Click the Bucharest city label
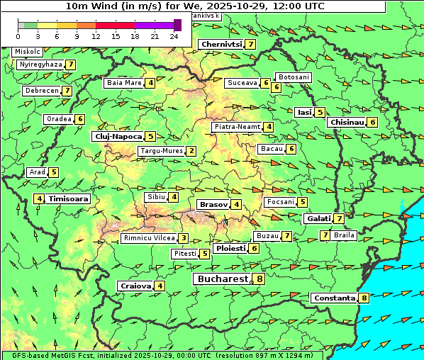222,279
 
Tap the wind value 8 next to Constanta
364,298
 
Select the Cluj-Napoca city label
118,136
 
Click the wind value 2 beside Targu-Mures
191,151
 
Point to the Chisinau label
347,122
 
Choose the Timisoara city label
68,199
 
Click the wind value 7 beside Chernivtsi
250,45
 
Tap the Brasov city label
213,205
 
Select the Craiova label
135,286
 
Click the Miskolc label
28,52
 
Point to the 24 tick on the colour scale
174,36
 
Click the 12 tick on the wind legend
96,36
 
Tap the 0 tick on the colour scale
18,36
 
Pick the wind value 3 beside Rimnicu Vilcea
183,239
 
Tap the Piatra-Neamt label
237,127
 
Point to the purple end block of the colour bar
177,25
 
